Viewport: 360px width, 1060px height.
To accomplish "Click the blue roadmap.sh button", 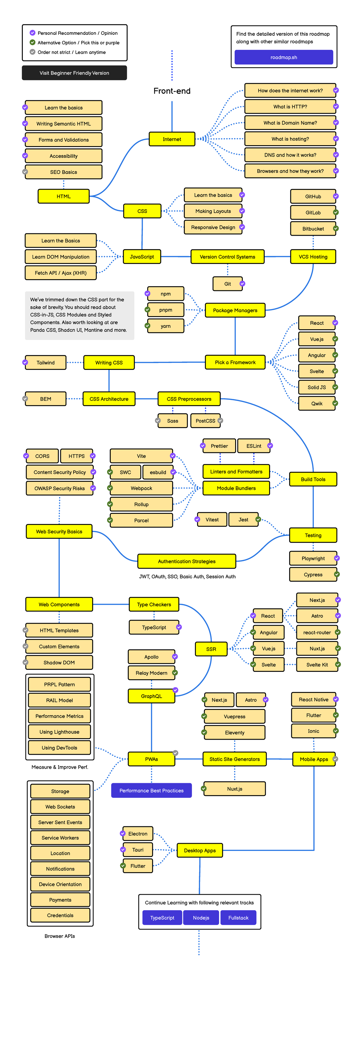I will (283, 57).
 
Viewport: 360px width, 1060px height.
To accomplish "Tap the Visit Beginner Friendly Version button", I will (74, 73).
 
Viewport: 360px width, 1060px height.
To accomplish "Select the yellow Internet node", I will (172, 139).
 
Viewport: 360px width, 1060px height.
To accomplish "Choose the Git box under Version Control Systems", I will (227, 283).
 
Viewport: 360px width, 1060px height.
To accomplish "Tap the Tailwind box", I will (45, 363).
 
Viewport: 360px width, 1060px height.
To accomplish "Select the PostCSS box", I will (205, 421).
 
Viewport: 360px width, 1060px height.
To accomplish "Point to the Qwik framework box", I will (316, 403).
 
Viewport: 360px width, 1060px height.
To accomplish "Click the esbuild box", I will (157, 472).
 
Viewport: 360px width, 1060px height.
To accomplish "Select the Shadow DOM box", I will (59, 663).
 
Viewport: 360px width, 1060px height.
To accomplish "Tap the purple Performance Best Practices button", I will (151, 790).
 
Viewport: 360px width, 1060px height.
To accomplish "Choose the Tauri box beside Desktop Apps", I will (137, 850).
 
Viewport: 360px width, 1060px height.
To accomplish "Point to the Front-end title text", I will (172, 91).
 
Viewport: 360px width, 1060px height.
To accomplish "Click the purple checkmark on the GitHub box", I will (336, 196).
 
